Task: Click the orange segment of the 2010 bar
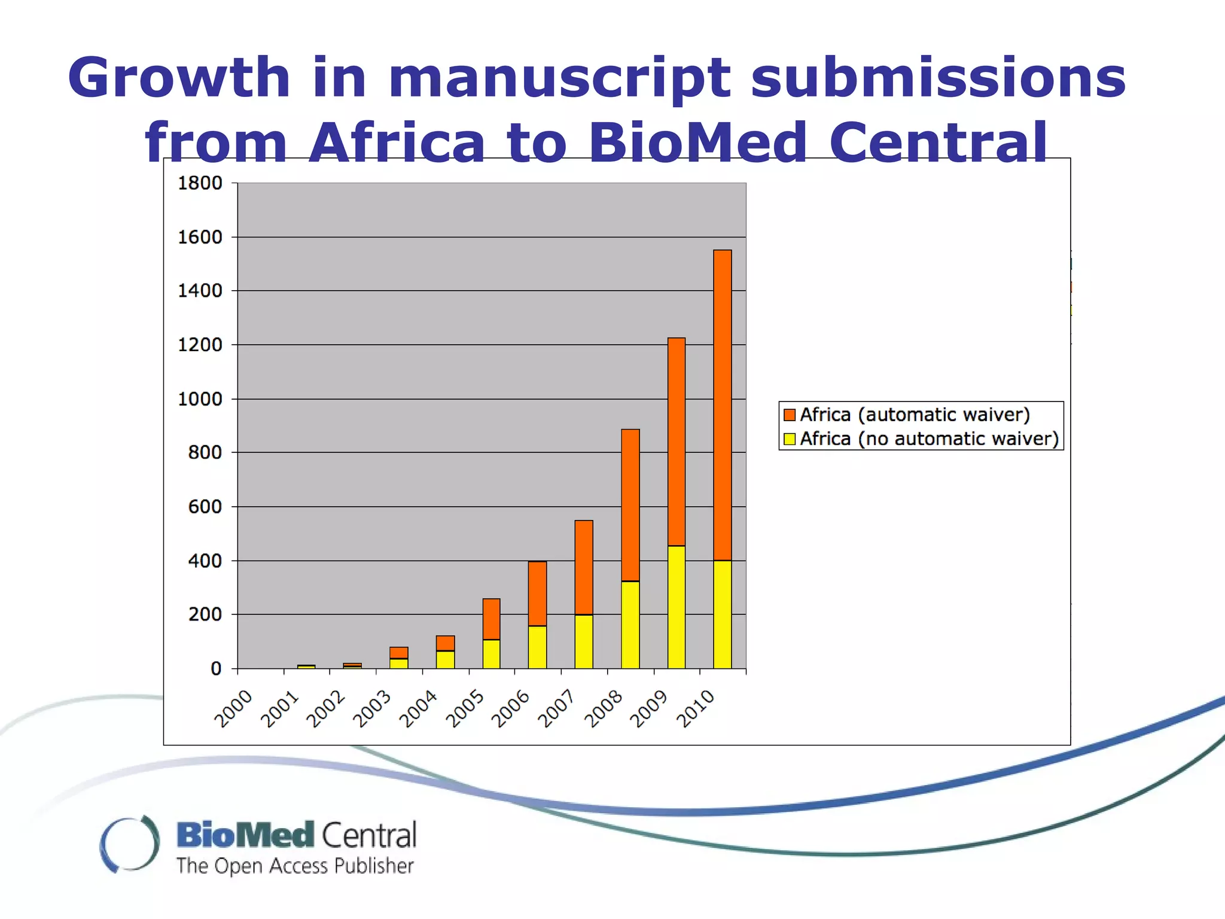(723, 404)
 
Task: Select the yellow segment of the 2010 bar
(723, 614)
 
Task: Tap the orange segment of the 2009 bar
(677, 442)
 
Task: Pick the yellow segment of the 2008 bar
(630, 625)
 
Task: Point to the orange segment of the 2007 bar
(584, 567)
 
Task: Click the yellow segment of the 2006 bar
(537, 647)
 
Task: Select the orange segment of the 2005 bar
(491, 619)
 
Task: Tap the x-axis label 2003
(371, 709)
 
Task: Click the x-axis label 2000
(233, 709)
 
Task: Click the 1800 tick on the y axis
(200, 183)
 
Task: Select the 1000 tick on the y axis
(200, 399)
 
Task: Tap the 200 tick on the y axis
(205, 614)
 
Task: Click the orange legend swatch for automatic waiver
(790, 415)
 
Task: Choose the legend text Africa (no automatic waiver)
(929, 439)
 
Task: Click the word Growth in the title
(178, 78)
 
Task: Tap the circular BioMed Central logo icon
(130, 844)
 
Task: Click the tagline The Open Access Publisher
(295, 866)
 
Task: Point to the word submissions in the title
(938, 78)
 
